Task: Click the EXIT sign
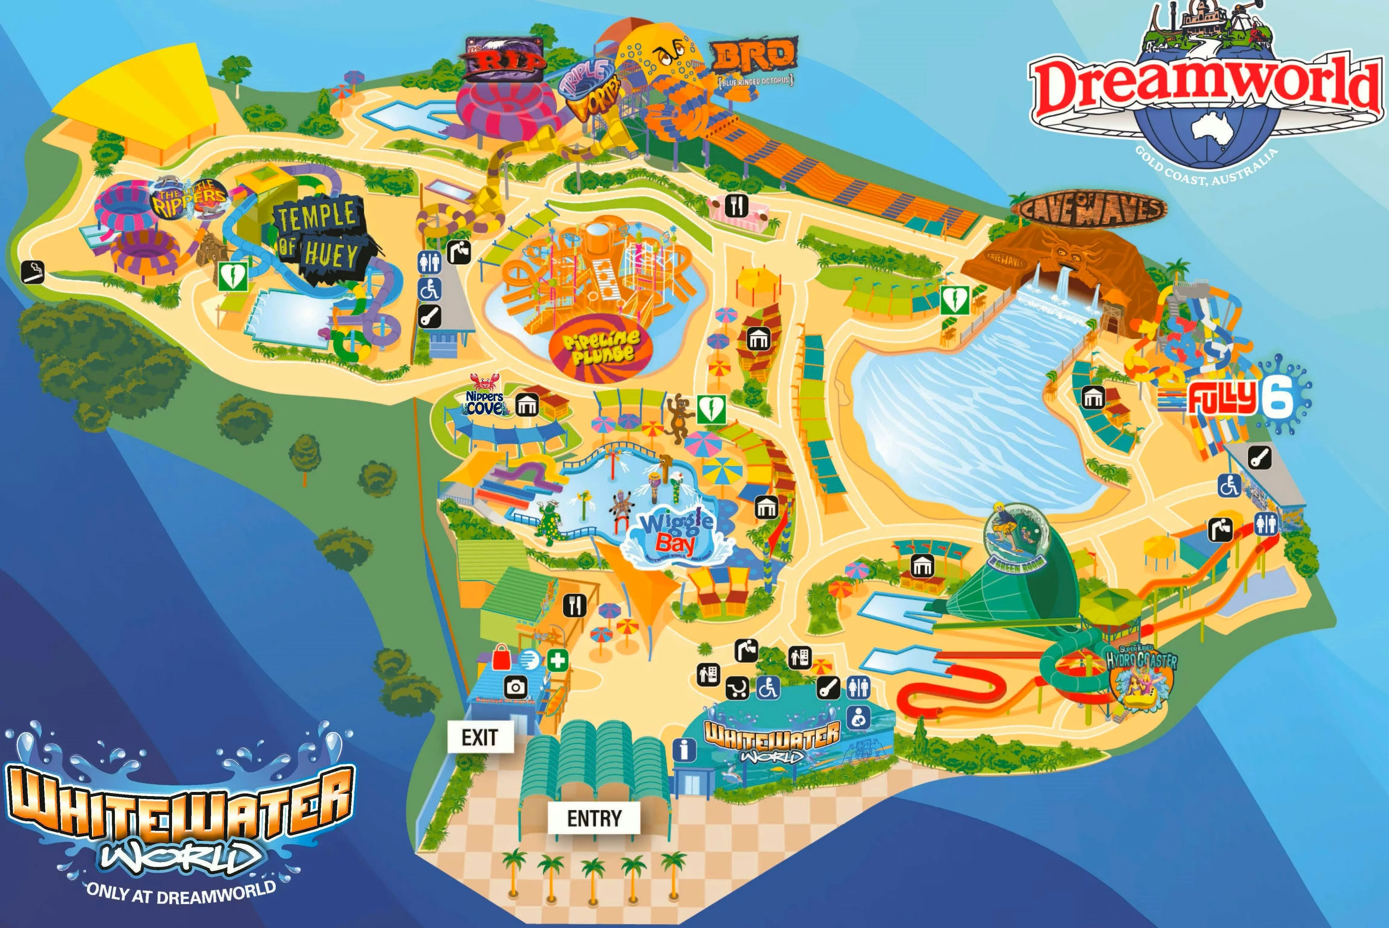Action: (x=479, y=738)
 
